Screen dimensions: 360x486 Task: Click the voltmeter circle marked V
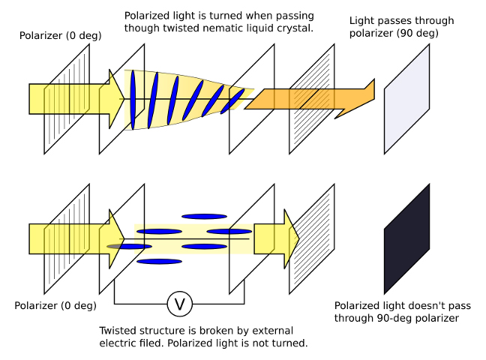tap(179, 304)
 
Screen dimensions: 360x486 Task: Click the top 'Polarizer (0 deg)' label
tap(55, 35)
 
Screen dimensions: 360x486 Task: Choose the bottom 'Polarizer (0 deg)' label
tap(55, 305)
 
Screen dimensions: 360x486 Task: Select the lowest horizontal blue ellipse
tap(159, 261)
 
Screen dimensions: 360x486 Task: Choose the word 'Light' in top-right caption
tap(364, 21)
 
